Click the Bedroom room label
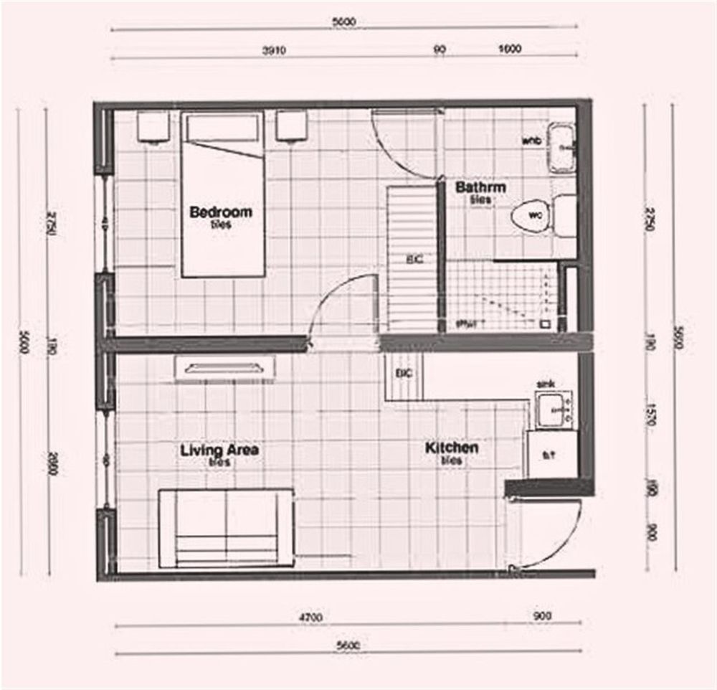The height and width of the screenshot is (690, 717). tap(220, 212)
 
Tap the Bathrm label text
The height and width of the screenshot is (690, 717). tap(480, 188)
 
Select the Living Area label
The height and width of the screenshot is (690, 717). tap(219, 450)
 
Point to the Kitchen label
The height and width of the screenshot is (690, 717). tap(452, 448)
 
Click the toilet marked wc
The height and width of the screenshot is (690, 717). tap(533, 215)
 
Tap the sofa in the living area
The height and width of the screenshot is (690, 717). tap(226, 528)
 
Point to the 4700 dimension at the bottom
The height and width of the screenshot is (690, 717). tap(311, 616)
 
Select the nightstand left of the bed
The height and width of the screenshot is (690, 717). tap(153, 127)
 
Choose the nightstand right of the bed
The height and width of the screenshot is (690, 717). tap(291, 127)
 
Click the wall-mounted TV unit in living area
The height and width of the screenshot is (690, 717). tap(224, 368)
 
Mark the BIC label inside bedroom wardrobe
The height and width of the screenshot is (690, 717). tap(414, 260)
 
